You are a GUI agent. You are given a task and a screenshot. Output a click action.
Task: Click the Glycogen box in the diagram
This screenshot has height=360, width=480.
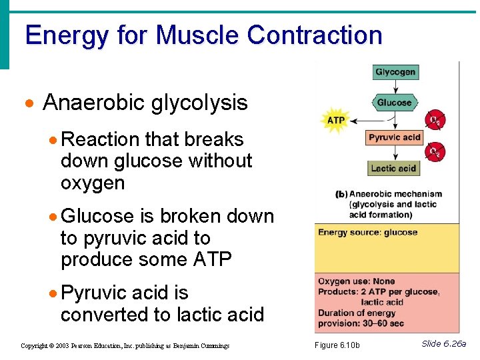(395, 72)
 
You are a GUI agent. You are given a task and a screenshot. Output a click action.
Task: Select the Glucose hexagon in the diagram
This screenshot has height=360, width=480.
(394, 103)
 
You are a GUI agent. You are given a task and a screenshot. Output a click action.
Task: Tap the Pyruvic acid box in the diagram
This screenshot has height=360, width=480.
(394, 137)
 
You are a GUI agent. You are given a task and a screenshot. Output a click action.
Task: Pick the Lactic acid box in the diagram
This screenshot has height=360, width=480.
(393, 168)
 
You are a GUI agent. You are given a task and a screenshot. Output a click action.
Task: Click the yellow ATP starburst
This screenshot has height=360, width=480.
(335, 121)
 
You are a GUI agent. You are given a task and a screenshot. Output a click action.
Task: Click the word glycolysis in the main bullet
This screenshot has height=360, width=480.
(199, 103)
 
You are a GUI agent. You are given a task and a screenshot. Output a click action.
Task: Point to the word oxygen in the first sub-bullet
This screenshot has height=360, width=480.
(93, 183)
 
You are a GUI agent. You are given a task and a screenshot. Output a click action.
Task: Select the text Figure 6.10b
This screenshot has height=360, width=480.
(337, 345)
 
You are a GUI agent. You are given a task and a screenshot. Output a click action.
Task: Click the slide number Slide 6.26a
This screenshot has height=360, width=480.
(443, 344)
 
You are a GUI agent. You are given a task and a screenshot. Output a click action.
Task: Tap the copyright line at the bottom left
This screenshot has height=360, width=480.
(125, 346)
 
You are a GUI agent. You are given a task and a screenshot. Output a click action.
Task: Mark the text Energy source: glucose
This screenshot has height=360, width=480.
(367, 233)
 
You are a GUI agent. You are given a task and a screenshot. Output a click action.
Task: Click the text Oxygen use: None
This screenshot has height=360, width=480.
(356, 281)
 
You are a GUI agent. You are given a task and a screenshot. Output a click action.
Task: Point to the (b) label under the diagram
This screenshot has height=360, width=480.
(341, 195)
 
